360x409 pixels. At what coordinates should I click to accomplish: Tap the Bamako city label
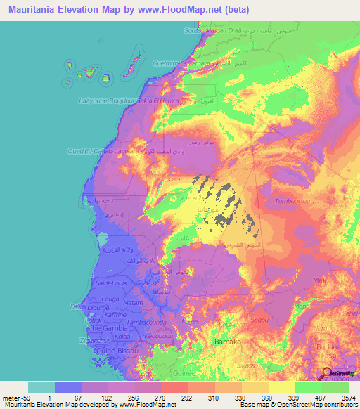[228, 341]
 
